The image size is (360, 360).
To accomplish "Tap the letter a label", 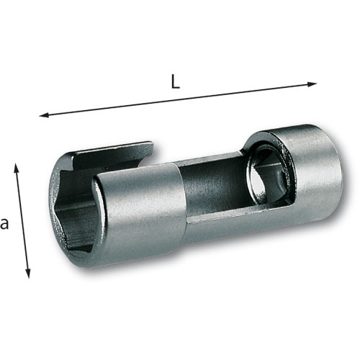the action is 4,223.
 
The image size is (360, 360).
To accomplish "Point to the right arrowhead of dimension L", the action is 312,84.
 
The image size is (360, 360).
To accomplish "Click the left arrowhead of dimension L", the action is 44,115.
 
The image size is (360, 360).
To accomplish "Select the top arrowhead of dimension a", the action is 17,168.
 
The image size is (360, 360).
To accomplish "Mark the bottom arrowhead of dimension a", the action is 28,273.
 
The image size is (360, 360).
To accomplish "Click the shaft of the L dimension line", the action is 178,99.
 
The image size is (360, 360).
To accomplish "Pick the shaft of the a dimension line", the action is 22,220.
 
